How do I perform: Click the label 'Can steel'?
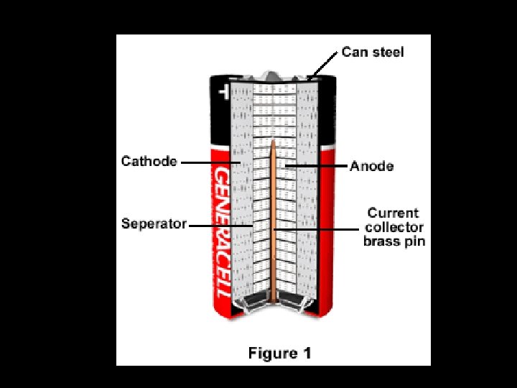point(373,52)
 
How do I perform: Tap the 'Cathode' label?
point(149,161)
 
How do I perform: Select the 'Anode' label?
point(372,166)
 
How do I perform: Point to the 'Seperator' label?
point(154,223)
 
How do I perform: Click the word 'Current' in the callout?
point(393,213)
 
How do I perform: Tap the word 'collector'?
point(393,227)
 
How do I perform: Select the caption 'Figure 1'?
point(279,353)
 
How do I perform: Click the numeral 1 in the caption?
point(307,353)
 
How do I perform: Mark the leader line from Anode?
point(316,166)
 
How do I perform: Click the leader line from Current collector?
point(316,229)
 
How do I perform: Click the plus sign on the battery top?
point(222,92)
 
